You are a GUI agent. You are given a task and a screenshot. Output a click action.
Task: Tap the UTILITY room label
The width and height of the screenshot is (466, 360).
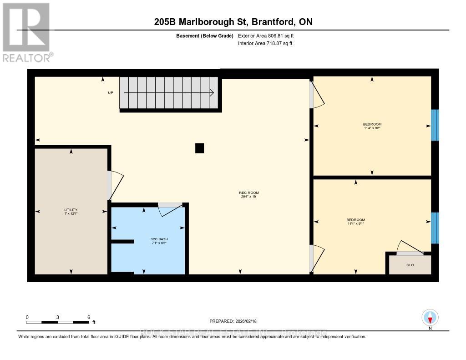(71, 210)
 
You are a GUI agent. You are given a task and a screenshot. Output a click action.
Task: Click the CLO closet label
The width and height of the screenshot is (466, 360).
(410, 265)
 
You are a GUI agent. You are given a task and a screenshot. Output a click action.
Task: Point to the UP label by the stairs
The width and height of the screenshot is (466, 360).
(111, 93)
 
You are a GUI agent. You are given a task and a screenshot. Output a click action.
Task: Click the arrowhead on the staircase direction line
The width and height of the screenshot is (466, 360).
(212, 93)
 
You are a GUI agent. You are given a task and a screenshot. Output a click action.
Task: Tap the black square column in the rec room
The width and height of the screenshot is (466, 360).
(199, 148)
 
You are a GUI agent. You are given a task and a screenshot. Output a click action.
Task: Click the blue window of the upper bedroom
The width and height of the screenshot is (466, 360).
(435, 125)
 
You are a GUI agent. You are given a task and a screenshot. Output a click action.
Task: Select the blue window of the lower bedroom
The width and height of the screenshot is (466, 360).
(435, 228)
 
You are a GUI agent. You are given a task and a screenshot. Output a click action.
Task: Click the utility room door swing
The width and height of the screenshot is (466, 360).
(116, 184)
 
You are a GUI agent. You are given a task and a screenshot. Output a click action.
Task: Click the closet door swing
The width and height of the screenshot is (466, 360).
(410, 248)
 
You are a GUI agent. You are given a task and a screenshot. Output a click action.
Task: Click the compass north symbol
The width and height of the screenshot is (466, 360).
(430, 317)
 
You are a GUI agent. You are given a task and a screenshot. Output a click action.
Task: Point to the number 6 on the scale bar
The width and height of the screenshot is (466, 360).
(89, 317)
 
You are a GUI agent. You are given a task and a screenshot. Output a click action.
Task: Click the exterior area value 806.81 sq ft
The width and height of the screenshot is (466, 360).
(269, 35)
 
